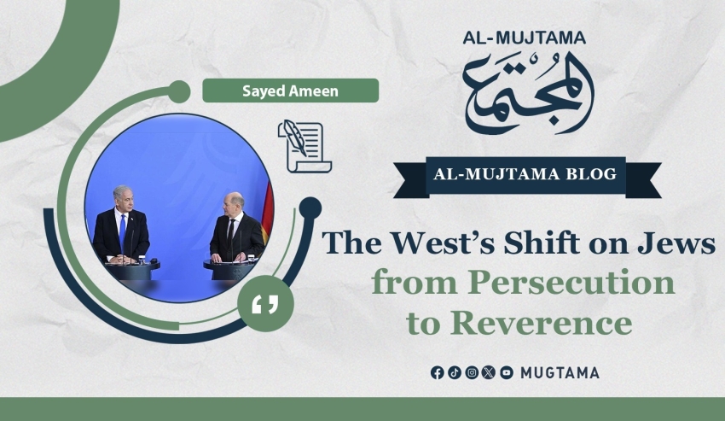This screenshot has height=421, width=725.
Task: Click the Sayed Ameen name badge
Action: (290, 91)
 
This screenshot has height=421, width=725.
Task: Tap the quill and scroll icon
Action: (304, 146)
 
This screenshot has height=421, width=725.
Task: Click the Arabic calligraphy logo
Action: (528, 92)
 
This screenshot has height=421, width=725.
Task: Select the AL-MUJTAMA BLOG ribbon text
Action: (525, 174)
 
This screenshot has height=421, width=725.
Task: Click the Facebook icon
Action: (437, 372)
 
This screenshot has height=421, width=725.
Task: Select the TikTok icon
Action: (455, 372)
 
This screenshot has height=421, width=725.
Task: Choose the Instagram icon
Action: (472, 372)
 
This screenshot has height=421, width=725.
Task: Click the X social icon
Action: (489, 372)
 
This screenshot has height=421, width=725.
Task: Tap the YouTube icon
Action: (507, 372)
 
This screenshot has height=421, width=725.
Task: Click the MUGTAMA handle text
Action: (560, 373)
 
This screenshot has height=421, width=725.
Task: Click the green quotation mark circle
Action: (265, 304)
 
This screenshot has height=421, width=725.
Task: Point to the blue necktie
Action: (122, 231)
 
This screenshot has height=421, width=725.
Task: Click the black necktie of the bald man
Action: (229, 234)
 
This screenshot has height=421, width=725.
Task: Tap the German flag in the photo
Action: (267, 212)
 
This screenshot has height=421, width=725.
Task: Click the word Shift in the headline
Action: (542, 243)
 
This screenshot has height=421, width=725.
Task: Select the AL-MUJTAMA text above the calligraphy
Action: (525, 38)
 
